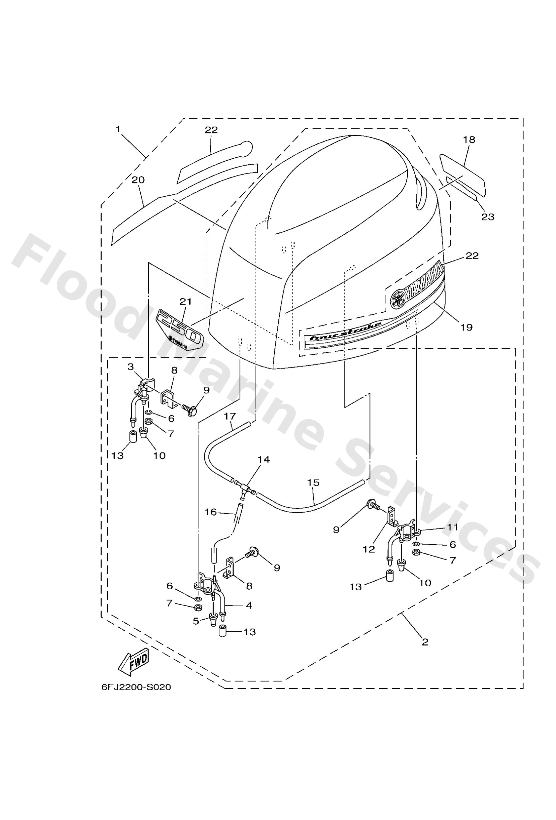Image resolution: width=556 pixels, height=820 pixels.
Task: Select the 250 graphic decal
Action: (180, 328)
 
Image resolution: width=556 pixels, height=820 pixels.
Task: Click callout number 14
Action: (264, 459)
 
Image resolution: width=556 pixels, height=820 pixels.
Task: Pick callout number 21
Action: (186, 301)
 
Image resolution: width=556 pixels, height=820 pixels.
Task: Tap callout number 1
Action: (118, 130)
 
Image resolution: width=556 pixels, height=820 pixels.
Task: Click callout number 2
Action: (425, 642)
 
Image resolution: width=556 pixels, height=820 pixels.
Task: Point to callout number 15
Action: (313, 482)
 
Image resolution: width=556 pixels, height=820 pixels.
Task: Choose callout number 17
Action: (229, 416)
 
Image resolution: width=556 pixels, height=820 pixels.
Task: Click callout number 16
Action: (211, 512)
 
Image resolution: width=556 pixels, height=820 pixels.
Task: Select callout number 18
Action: (469, 140)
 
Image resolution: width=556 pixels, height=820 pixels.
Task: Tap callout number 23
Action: (488, 216)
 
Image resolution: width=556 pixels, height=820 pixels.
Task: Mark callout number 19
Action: (467, 327)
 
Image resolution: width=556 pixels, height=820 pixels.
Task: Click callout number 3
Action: (131, 367)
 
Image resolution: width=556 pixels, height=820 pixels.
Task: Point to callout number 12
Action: (369, 549)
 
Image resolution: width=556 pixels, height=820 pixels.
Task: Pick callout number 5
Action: (196, 621)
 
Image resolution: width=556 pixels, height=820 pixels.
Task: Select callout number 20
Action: (138, 180)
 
